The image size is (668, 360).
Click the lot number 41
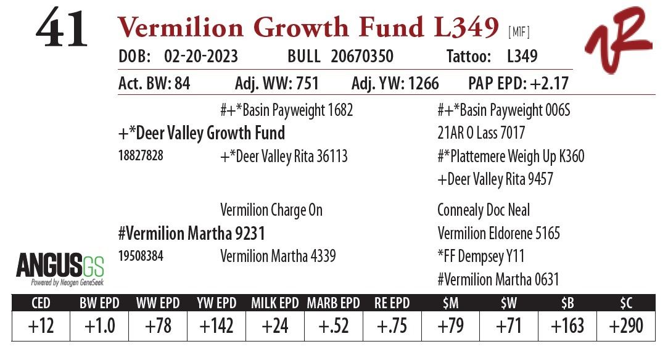click(62, 31)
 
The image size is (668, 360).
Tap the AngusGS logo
click(60, 269)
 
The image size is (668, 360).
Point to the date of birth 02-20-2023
click(201, 57)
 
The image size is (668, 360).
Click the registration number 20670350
click(362, 57)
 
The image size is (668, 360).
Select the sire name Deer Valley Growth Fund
click(201, 133)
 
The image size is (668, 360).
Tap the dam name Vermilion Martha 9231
click(191, 234)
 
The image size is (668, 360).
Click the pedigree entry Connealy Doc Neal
click(484, 210)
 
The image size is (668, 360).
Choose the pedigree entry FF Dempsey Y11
click(481, 256)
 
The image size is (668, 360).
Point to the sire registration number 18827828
click(141, 156)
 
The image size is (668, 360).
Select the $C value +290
click(626, 325)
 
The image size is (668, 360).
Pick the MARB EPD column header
click(334, 303)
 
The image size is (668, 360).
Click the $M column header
click(450, 303)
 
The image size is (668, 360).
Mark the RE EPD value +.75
click(392, 325)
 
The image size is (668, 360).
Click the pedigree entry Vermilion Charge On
click(271, 210)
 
